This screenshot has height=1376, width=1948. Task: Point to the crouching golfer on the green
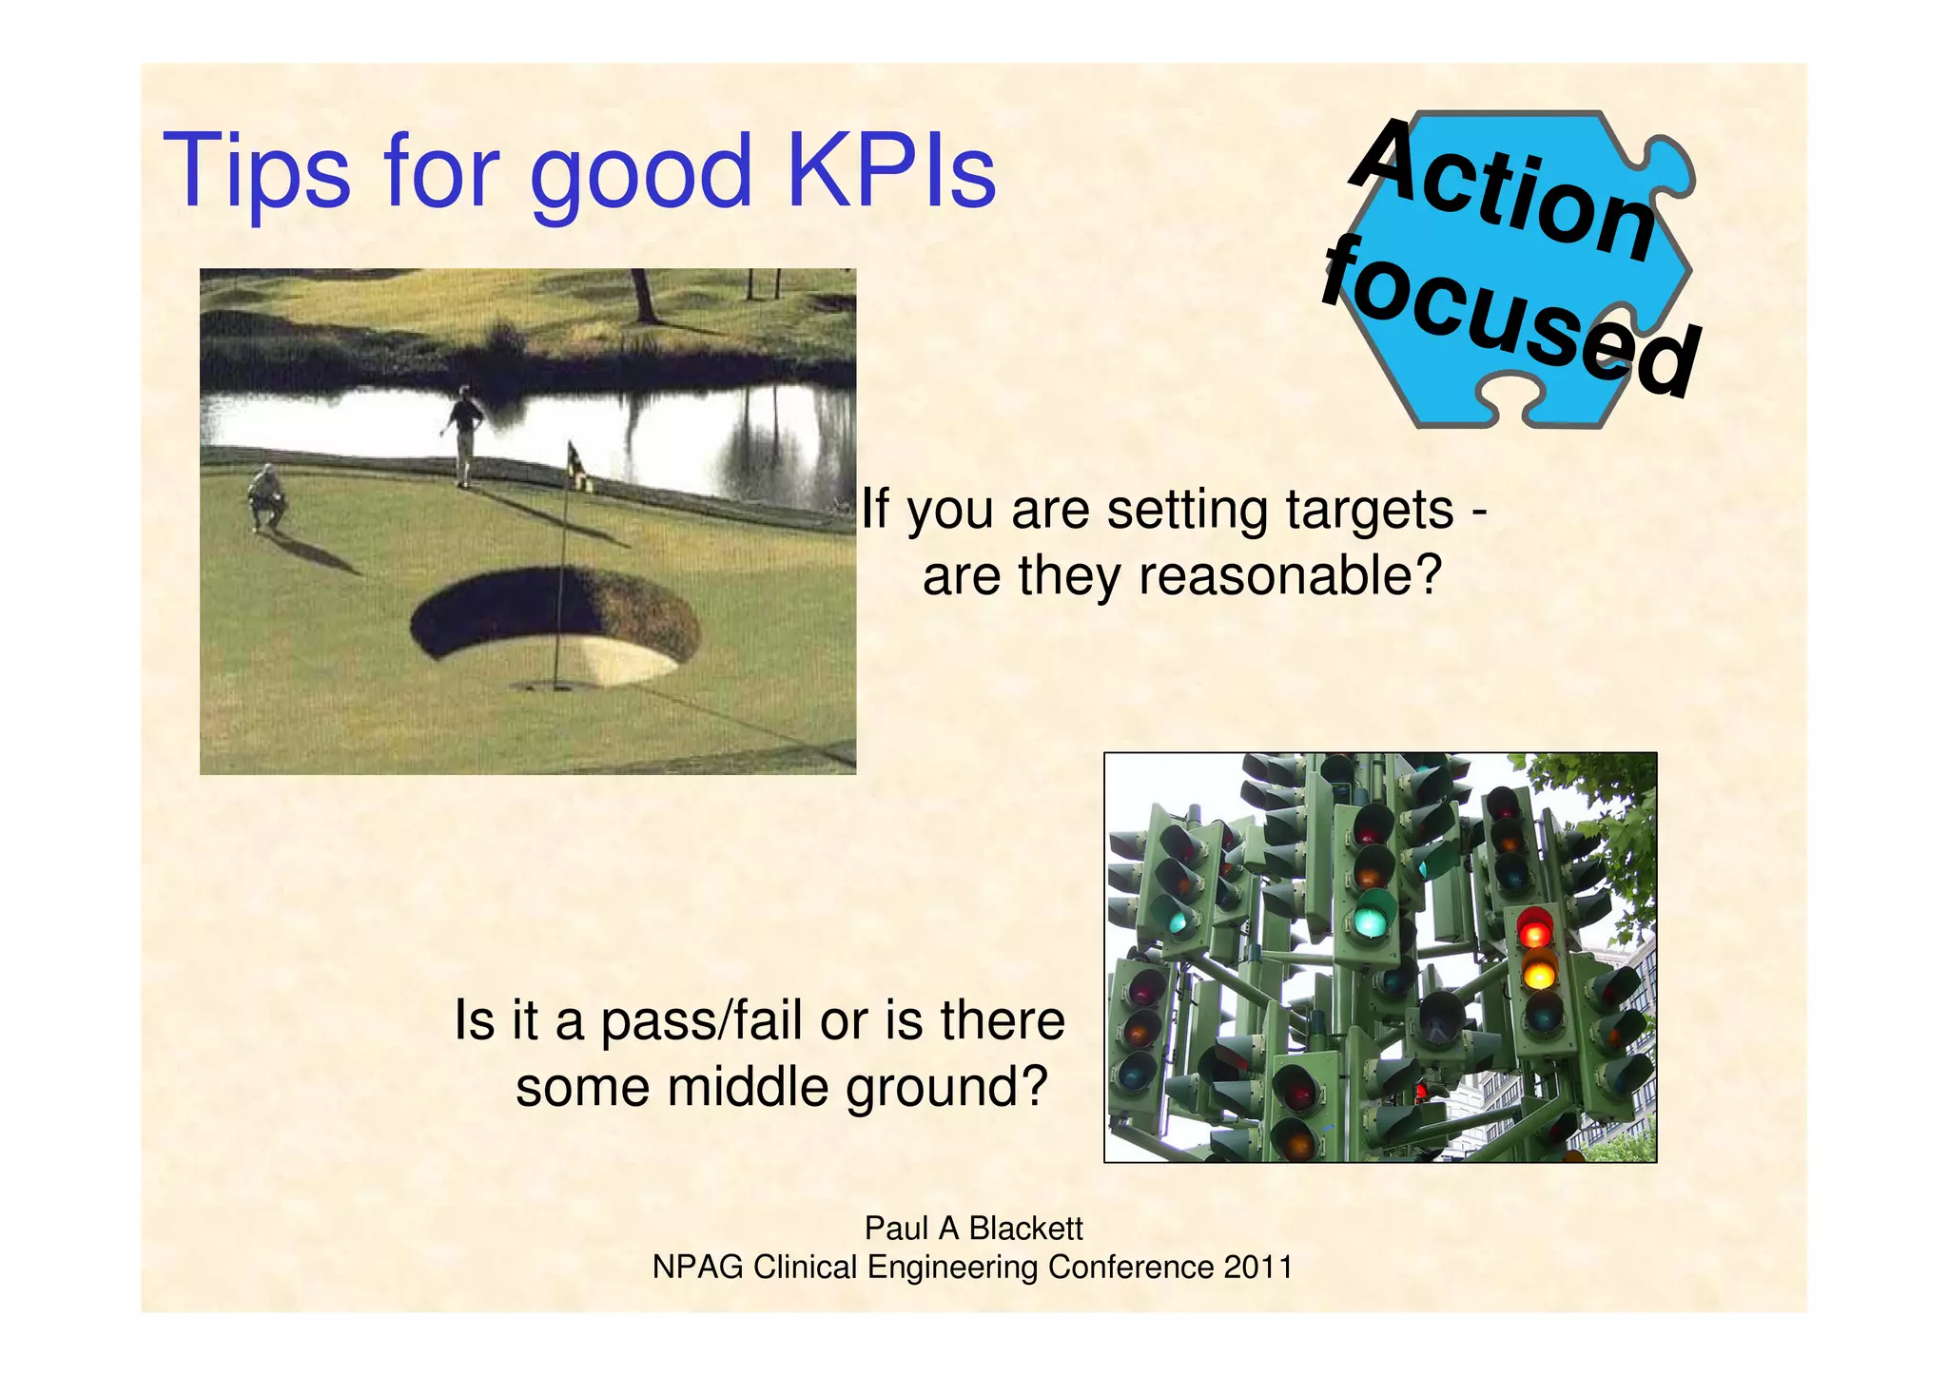[x=265, y=495]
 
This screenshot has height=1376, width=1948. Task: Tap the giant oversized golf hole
[x=555, y=624]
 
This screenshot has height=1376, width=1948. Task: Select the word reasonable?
[x=1291, y=576]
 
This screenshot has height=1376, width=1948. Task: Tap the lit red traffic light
[x=1534, y=928]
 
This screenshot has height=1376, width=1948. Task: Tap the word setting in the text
[x=1190, y=511]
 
